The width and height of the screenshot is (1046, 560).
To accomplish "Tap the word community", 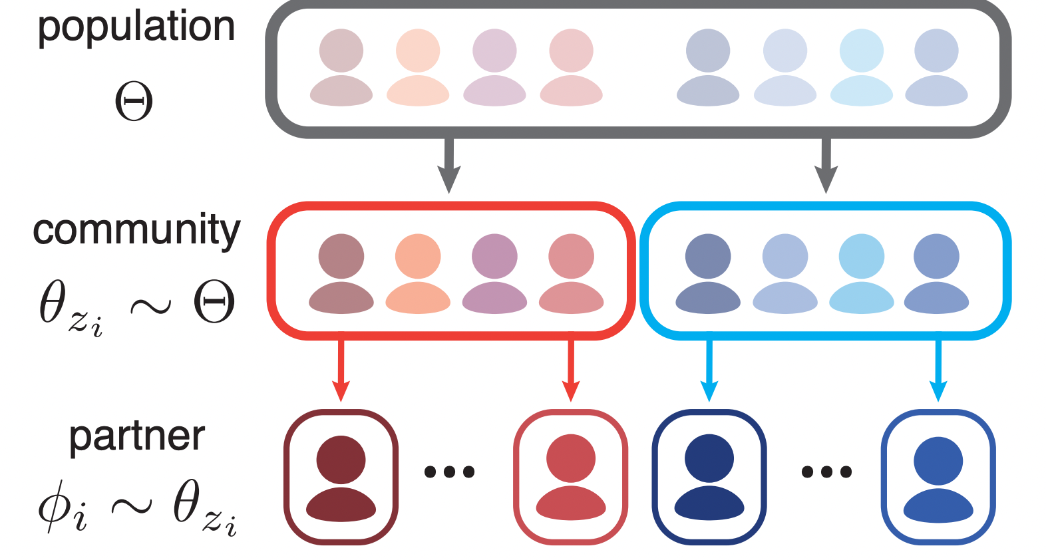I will pos(136,230).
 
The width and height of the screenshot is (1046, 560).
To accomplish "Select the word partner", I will pos(137,436).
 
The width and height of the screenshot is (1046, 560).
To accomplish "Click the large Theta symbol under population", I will pos(134,101).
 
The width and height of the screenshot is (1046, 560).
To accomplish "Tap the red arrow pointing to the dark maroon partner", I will pos(341,370).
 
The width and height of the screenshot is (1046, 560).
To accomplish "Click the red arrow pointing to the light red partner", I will pos(570,370).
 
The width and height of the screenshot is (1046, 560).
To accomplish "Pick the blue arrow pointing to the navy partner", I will pos(709,370).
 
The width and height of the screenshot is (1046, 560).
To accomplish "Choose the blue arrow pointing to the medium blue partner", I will pos(938,370).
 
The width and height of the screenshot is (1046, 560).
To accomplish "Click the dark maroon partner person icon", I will pos(341,478).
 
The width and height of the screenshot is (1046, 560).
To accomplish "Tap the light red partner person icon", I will pos(570,478).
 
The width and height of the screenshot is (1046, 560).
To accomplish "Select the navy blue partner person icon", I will pos(709,478).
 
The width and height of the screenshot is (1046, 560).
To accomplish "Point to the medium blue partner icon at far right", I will pos(938,478).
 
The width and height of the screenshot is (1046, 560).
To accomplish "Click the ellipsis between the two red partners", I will pos(450,472).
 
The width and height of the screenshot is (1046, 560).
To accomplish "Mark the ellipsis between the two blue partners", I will pos(826,472).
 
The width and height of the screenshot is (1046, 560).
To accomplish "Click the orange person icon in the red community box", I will pos(418,273).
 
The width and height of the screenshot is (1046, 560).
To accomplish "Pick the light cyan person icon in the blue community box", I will pos(862,273).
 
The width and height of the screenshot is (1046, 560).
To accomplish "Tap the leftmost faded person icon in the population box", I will pos(341,67).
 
